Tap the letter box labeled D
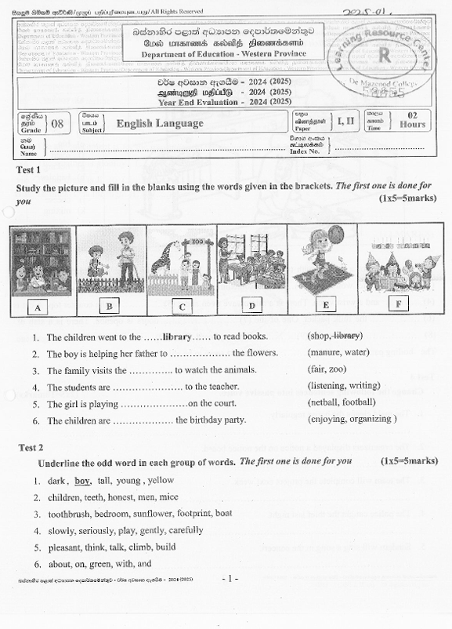[251, 305]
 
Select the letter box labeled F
[400, 303]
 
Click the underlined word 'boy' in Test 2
[83, 481]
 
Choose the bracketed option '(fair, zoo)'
[328, 369]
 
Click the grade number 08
[58, 124]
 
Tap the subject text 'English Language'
[160, 124]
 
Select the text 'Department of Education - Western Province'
[224, 53]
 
